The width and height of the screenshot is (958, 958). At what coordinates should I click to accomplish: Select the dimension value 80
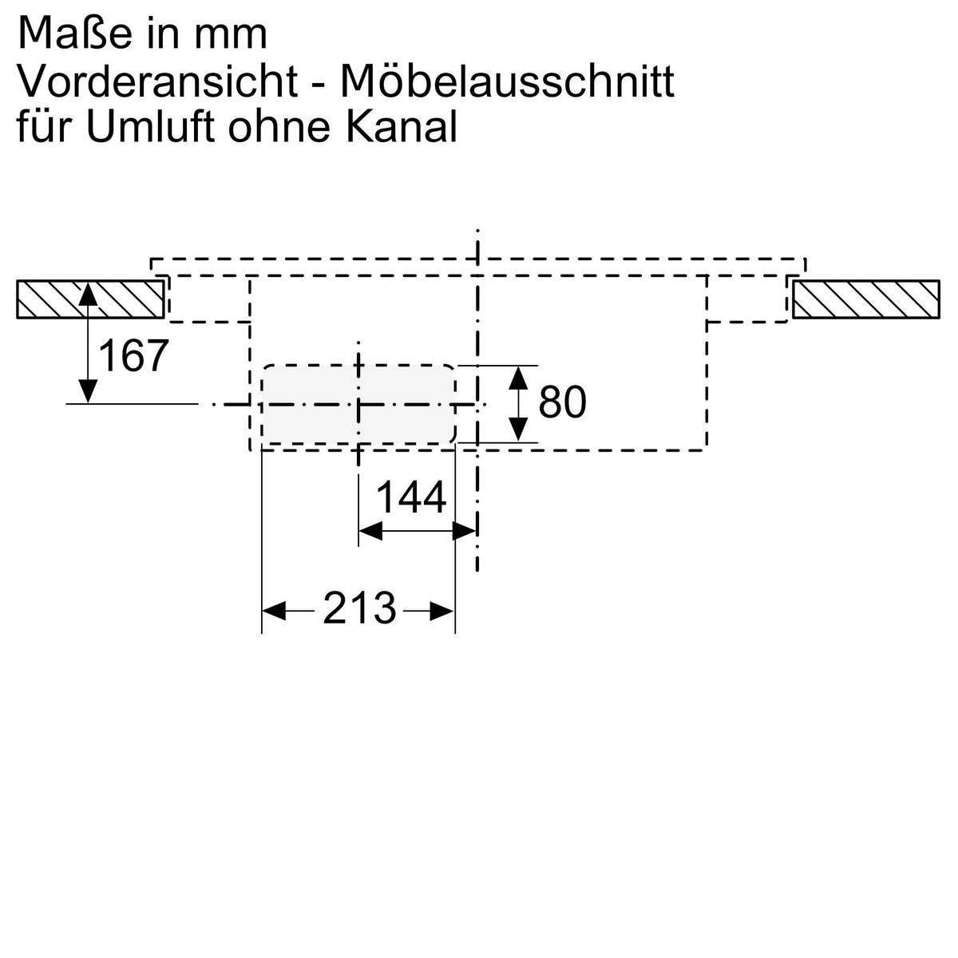(x=562, y=402)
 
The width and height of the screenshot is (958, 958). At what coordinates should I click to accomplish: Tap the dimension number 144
(x=410, y=498)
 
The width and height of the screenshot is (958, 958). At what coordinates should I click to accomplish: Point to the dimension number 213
(x=359, y=610)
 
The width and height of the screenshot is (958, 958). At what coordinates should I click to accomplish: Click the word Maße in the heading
(x=70, y=34)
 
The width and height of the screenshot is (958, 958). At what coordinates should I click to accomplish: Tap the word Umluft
(x=152, y=127)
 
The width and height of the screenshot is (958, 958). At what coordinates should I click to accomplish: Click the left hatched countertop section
(x=89, y=299)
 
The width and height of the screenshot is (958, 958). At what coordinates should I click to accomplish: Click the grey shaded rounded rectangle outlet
(x=358, y=403)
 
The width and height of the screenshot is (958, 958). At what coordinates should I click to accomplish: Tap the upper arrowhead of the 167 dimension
(x=88, y=294)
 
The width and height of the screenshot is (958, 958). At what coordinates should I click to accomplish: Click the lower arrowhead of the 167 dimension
(x=88, y=392)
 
